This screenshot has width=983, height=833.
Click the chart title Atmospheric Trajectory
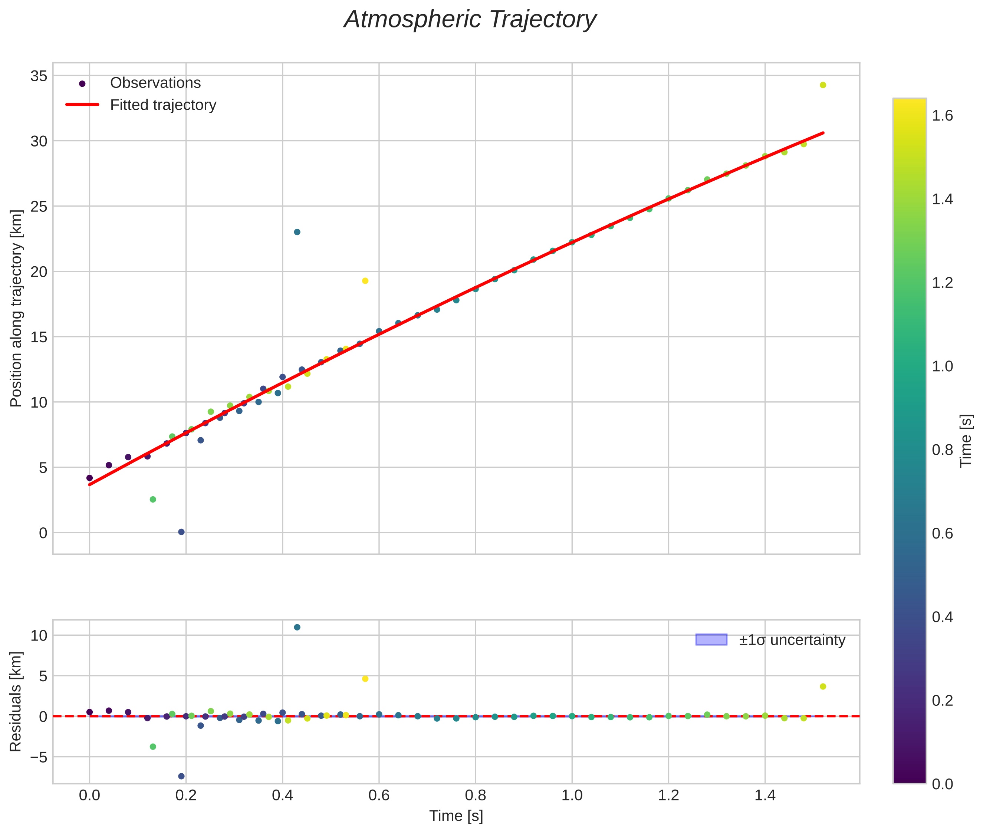(470, 20)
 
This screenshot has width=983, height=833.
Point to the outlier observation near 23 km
(297, 232)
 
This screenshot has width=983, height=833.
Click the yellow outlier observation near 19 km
(365, 281)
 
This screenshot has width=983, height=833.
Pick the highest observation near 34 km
(823, 85)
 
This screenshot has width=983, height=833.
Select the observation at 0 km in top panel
(181, 532)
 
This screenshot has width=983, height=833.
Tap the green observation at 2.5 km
(152, 500)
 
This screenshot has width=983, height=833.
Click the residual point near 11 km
(297, 627)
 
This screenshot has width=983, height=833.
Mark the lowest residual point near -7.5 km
(181, 776)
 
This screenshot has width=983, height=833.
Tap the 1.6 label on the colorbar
(942, 116)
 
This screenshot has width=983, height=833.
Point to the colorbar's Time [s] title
(966, 441)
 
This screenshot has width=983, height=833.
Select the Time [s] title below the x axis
(456, 816)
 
